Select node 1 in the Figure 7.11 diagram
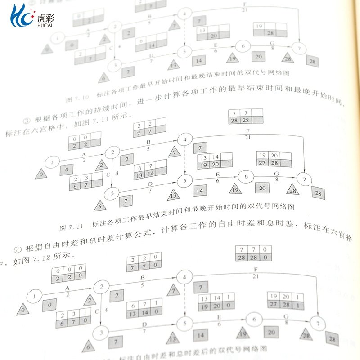(x=53, y=162)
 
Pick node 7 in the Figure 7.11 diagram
(x=305, y=180)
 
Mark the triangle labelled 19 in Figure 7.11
(x=234, y=189)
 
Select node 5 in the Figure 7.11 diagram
(x=184, y=181)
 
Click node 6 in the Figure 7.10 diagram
(x=243, y=45)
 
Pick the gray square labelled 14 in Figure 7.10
(x=199, y=61)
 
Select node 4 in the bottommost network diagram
(x=183, y=277)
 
